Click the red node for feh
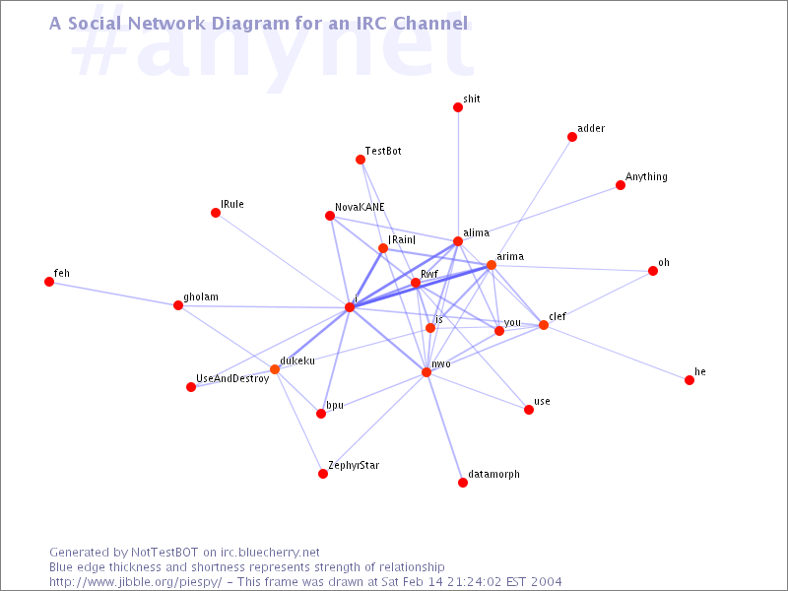49,282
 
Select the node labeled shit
458,107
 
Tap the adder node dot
572,137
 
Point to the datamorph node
463,483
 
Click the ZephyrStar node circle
323,474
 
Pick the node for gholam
178,305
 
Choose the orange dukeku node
275,369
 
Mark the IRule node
216,213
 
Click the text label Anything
646,177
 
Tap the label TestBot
383,151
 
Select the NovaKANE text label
360,207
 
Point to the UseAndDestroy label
232,378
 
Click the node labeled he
689,380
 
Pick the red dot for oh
653,271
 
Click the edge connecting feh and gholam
113,294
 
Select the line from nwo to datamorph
445,427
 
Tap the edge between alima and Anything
539,213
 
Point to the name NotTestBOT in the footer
164,553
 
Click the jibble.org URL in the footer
135,582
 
